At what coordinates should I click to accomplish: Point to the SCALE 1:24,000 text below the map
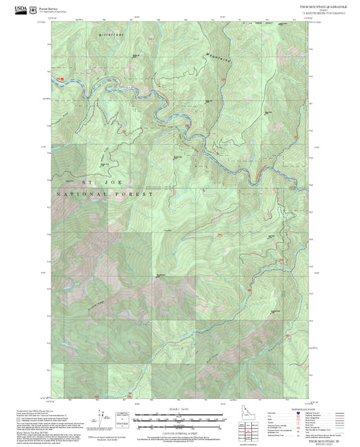click(x=180, y=409)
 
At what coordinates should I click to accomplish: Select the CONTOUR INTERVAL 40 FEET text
click(x=180, y=433)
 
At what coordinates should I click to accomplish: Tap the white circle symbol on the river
click(x=130, y=86)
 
